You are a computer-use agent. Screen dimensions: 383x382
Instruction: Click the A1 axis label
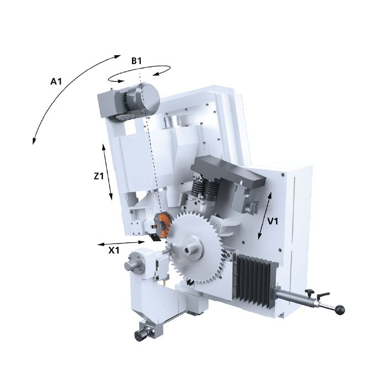[56, 81]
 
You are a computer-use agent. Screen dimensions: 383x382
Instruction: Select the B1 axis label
[136, 61]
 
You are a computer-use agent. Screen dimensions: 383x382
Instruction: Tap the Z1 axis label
[99, 176]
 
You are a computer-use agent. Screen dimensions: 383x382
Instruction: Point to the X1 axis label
[114, 250]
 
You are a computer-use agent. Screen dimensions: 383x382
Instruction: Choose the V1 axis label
[273, 221]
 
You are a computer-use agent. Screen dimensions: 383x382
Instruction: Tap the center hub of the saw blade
[192, 249]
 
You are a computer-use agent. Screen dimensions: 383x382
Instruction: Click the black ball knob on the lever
[340, 310]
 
